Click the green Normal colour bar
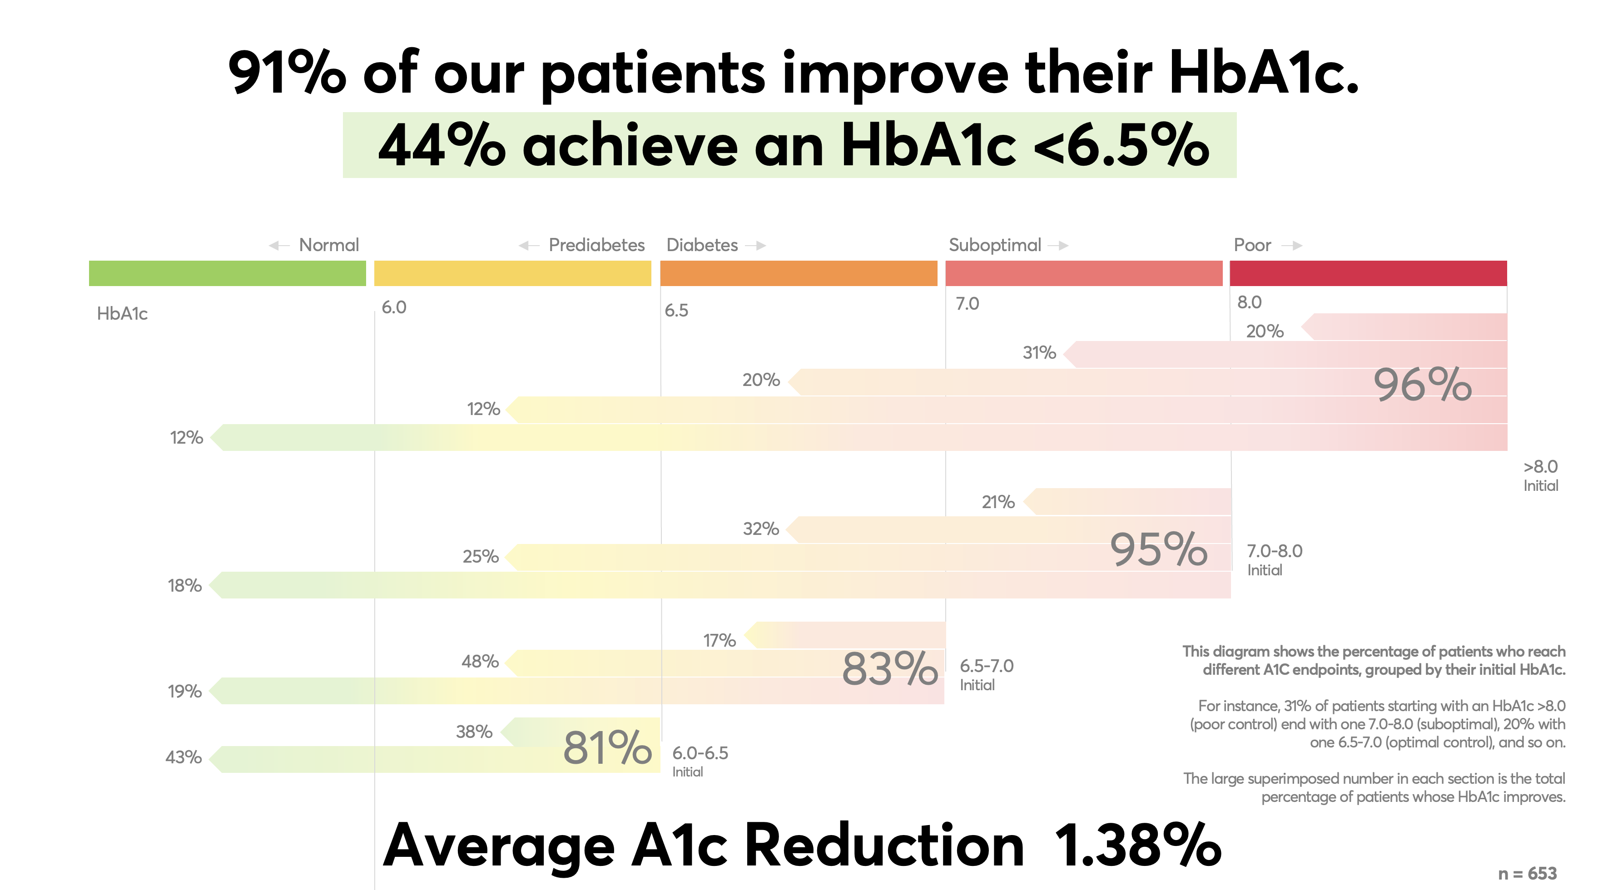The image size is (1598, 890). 227,273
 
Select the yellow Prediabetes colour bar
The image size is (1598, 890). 512,273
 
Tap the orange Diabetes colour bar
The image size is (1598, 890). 799,273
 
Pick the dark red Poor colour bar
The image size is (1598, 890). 1368,273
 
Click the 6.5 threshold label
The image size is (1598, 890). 676,310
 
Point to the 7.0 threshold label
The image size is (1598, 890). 967,303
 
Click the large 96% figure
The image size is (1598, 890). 1422,385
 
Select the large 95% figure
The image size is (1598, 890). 1158,549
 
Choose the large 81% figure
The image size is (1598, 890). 607,747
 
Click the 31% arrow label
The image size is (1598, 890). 1039,352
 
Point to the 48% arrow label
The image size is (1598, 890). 480,661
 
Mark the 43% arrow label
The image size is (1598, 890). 184,757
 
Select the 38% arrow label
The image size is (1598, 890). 474,732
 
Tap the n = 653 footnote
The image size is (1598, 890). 1527,873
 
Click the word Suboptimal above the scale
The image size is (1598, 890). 994,245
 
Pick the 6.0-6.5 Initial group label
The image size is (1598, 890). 700,761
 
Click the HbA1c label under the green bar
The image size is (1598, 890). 122,313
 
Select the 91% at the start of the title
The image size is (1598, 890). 287,73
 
